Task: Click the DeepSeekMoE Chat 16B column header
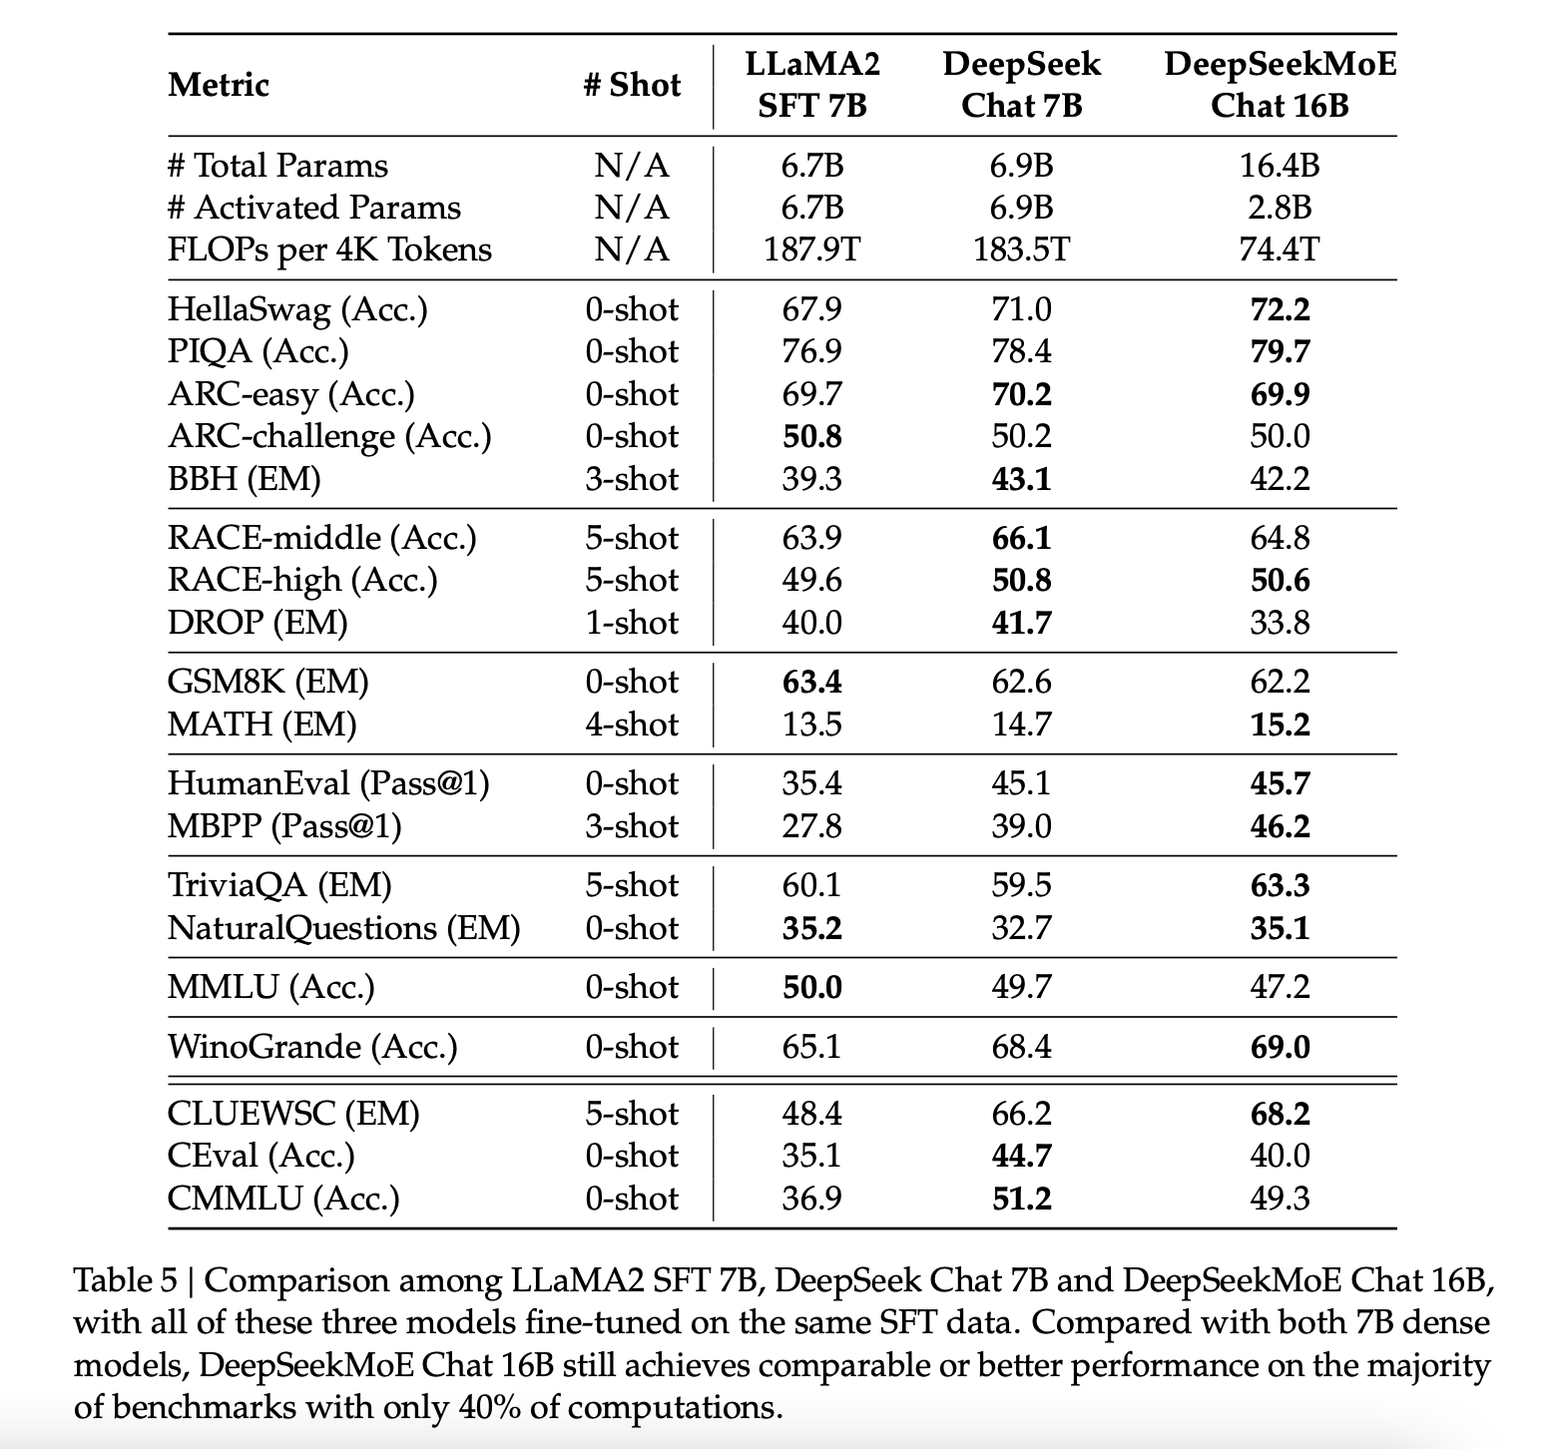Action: tap(1280, 84)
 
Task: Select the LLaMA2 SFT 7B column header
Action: tap(812, 84)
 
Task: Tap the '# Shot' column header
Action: tap(631, 85)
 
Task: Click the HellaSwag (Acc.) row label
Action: tap(297, 309)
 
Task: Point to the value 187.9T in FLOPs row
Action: tap(812, 248)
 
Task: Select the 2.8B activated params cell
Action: tap(1280, 207)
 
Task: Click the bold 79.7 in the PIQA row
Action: tap(1280, 351)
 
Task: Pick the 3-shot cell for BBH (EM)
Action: tap(631, 479)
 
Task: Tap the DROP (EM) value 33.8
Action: tap(1280, 623)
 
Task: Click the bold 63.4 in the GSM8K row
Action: tap(812, 682)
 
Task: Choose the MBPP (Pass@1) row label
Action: tap(284, 826)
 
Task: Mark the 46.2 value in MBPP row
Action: tap(1280, 826)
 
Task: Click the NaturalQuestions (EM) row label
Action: tap(343, 928)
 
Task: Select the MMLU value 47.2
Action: tap(1280, 987)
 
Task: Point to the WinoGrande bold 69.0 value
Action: tap(1280, 1047)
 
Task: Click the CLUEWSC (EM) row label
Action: tap(293, 1114)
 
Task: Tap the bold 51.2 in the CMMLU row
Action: tap(1021, 1198)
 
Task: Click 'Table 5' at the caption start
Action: tap(125, 1280)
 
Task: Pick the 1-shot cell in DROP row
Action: tap(631, 623)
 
